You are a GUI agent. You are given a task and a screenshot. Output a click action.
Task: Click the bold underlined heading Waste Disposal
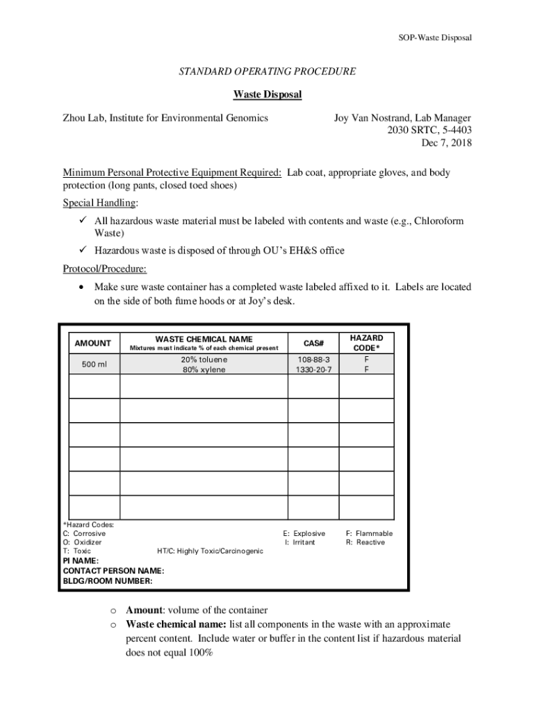(x=267, y=94)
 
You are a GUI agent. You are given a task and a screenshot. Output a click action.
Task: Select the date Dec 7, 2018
(x=446, y=143)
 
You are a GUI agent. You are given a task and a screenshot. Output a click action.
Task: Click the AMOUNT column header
(x=92, y=343)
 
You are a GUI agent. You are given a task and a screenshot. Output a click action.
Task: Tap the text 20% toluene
(x=204, y=360)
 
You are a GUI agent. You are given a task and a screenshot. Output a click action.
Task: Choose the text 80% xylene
(x=204, y=370)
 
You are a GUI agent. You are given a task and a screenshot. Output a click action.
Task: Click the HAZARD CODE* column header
(x=366, y=342)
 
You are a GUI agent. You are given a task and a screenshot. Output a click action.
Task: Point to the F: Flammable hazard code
(x=369, y=533)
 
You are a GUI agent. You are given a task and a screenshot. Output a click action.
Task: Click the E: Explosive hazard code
(x=304, y=533)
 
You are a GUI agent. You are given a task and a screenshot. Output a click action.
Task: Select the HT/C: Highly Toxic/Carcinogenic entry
(x=210, y=551)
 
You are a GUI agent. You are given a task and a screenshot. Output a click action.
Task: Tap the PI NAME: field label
(x=81, y=560)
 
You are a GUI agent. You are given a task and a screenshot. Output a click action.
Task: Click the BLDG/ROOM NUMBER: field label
(x=107, y=581)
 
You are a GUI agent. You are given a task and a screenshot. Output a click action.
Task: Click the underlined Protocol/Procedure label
(x=104, y=269)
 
